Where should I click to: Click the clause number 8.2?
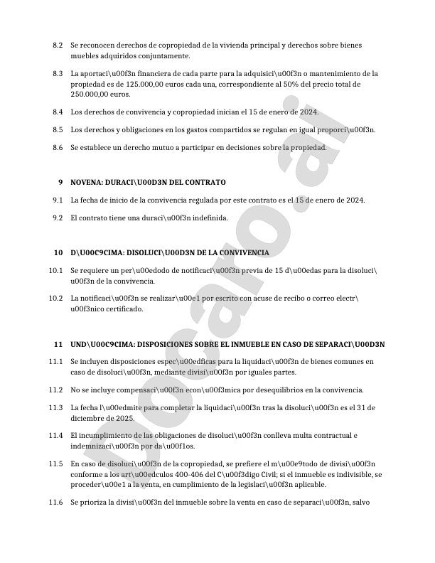click(x=58, y=45)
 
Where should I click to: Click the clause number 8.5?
click(x=58, y=129)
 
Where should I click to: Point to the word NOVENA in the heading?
click(x=90, y=183)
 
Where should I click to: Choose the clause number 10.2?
click(x=56, y=298)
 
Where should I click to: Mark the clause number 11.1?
click(x=56, y=362)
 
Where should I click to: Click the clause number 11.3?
click(x=56, y=407)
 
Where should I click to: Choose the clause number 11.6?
click(x=56, y=502)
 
